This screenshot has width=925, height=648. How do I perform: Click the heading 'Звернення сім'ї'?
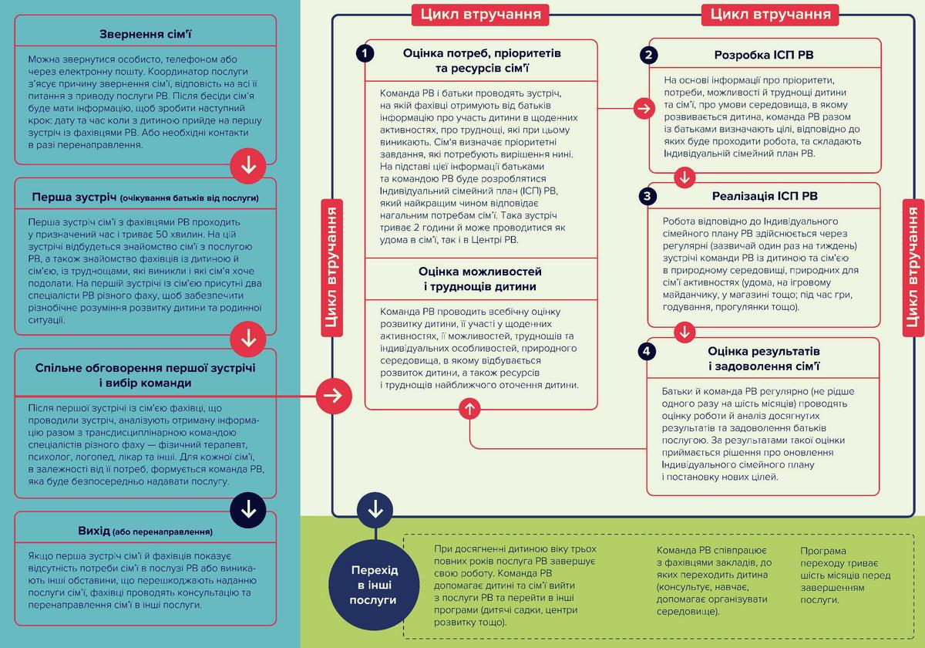[146, 34]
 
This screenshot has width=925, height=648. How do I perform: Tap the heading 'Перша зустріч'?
[74, 197]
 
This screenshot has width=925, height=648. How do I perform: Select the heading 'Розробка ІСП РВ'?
[764, 55]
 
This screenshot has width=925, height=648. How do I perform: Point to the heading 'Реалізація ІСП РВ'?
[765, 196]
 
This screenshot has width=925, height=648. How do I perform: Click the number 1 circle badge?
[365, 53]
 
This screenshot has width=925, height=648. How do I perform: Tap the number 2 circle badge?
[648, 55]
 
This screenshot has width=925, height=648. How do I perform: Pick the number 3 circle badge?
[647, 196]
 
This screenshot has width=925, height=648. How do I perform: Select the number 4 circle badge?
[646, 351]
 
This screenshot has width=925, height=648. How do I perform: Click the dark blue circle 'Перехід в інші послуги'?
[374, 585]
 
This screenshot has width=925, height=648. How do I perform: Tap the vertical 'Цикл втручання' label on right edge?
[913, 268]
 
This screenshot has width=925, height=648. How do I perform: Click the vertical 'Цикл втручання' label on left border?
[331, 268]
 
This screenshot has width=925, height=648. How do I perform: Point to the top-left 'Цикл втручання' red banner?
[480, 15]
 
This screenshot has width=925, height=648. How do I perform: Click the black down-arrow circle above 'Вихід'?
[248, 510]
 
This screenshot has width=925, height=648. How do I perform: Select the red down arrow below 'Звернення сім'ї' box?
[248, 166]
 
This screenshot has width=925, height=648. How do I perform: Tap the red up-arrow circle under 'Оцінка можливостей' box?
[469, 409]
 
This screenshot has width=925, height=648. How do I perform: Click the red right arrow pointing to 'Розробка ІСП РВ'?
[644, 109]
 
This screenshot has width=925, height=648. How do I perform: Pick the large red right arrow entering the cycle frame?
[334, 396]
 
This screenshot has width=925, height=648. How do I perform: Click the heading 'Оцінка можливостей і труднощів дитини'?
[479, 279]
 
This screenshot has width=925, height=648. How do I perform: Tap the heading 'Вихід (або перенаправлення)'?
[146, 531]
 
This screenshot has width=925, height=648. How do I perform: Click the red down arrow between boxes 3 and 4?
[684, 332]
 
